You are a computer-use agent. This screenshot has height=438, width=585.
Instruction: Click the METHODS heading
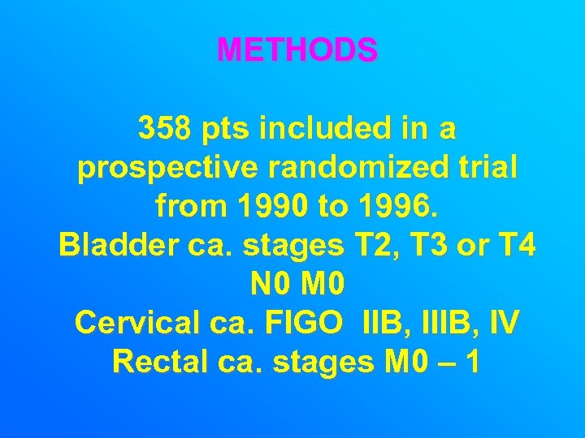297,51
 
